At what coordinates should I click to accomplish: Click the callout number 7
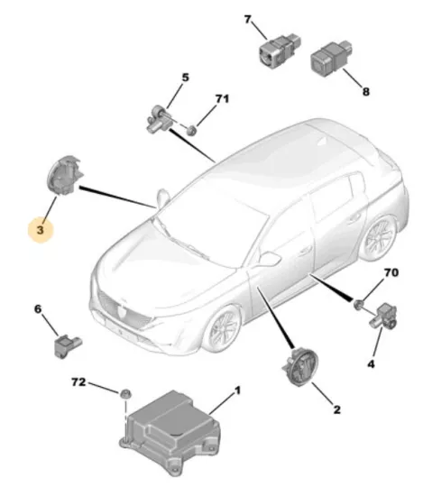click(247, 20)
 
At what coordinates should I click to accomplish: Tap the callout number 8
click(366, 92)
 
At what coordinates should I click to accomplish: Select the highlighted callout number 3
click(41, 230)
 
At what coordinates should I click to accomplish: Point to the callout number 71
click(222, 98)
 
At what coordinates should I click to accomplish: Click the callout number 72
click(78, 382)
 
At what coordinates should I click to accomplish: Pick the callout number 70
click(391, 272)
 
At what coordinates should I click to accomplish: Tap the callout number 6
click(38, 308)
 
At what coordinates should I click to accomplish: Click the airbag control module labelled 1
click(170, 432)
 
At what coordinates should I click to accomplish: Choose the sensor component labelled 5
click(159, 119)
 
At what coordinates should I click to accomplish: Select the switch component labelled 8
click(331, 57)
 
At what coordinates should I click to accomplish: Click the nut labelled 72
click(125, 394)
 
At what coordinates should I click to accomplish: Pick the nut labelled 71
click(191, 130)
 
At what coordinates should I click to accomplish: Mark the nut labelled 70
click(358, 304)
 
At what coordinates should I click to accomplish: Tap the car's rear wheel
click(379, 237)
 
